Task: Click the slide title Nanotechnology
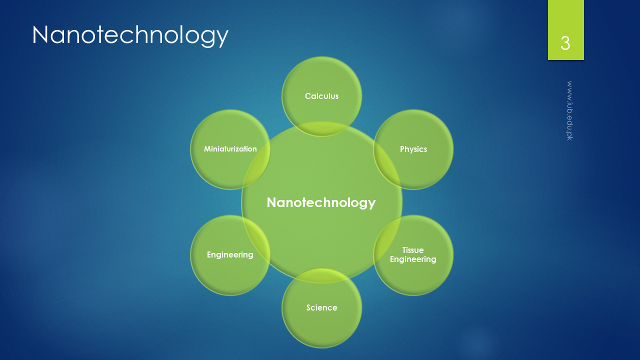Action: [x=130, y=35]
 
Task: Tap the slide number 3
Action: [x=565, y=43]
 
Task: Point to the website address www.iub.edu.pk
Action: [x=569, y=110]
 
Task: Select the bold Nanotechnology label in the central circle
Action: [x=321, y=203]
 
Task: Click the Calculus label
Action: [x=321, y=96]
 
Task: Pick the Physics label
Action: [x=413, y=149]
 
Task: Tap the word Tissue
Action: [x=413, y=250]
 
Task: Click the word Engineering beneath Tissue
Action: [x=413, y=259]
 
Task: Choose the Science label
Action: [x=321, y=307]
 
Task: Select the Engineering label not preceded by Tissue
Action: [x=230, y=255]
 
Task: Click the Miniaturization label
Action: [x=230, y=149]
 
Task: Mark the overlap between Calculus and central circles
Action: [x=321, y=129]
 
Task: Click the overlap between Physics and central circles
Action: [x=387, y=164]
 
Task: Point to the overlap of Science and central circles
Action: [x=321, y=275]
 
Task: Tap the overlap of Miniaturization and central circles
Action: [x=256, y=164]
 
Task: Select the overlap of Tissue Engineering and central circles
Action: [x=387, y=240]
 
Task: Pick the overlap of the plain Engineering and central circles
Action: [x=256, y=240]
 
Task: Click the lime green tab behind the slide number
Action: [x=565, y=30]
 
